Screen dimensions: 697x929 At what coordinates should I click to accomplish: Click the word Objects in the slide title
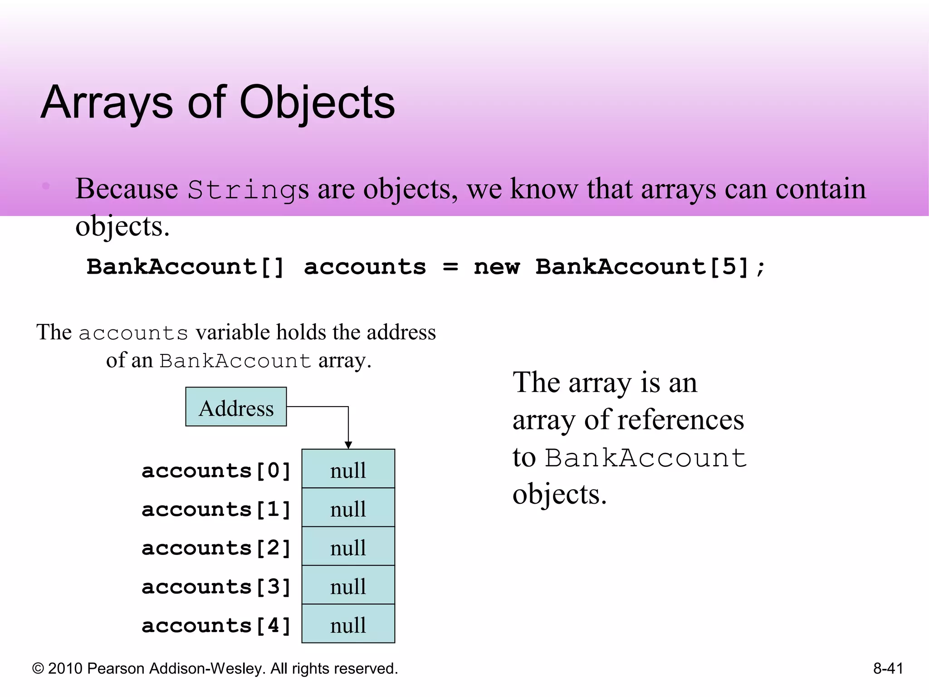pos(317,103)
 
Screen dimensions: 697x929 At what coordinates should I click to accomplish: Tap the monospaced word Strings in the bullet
pos(248,189)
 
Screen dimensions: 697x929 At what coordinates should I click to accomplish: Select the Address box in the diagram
pos(236,407)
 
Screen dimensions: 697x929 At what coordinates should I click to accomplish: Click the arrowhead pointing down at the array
pos(348,445)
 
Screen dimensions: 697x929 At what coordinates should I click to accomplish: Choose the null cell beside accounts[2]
pos(348,546)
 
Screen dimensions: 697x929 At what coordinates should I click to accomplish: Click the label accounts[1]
pos(216,510)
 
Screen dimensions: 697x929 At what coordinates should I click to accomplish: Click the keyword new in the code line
pos(496,266)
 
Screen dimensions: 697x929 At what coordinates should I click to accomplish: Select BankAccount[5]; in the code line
pos(650,266)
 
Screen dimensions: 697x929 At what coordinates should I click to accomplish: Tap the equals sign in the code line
pos(450,267)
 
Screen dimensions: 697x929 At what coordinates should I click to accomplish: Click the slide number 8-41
pos(888,668)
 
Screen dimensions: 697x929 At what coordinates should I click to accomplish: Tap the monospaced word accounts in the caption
pos(133,334)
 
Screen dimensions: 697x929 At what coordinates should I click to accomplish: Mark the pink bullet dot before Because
pos(46,186)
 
